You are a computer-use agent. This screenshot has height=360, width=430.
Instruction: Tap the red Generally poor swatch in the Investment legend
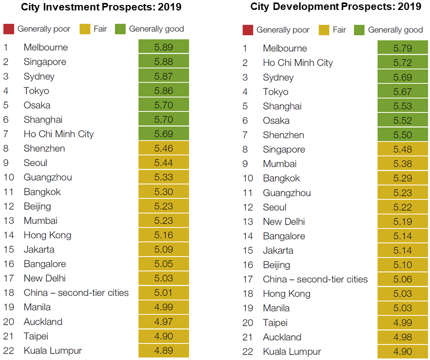tap(8, 29)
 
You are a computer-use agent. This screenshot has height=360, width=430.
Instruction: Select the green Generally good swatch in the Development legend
tap(359, 30)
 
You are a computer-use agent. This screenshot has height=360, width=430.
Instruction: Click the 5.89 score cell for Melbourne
tap(164, 48)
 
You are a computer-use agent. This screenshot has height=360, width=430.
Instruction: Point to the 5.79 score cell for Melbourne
tap(403, 49)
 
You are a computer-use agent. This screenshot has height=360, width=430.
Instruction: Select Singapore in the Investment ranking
tap(45, 62)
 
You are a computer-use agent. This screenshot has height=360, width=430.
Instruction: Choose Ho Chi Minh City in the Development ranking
tap(298, 63)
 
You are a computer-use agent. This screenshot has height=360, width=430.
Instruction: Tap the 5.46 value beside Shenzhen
tap(164, 149)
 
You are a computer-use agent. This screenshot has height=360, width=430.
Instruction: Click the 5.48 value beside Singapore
tap(403, 150)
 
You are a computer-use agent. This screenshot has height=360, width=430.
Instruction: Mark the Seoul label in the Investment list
tap(35, 163)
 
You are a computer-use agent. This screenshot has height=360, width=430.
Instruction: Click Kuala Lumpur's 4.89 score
tap(164, 351)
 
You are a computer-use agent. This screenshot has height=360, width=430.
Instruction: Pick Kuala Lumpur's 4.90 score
tap(403, 352)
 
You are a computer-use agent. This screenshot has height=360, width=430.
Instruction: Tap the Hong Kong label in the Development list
tap(286, 294)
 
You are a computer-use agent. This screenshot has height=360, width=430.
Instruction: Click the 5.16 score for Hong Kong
tap(164, 235)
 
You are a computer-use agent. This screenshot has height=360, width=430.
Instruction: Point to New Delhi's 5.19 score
tap(403, 222)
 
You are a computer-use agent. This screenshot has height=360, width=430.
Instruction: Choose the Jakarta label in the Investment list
tap(39, 250)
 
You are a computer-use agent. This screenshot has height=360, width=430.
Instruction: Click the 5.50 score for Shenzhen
tap(403, 135)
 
